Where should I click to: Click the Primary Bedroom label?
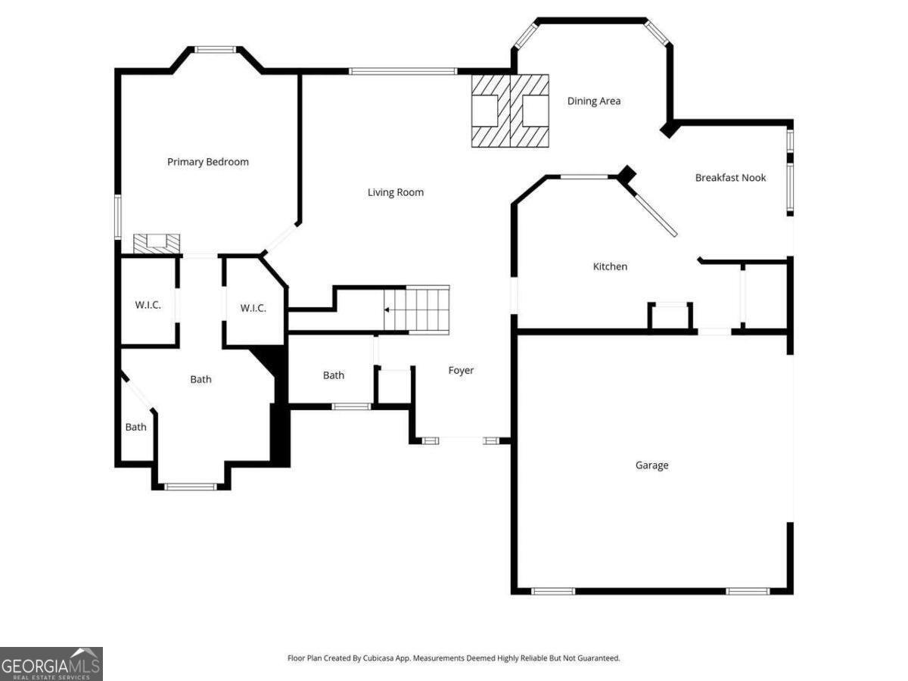click(x=207, y=162)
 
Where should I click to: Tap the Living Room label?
click(x=395, y=192)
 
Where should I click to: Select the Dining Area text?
click(x=594, y=101)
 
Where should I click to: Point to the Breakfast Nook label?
click(x=730, y=178)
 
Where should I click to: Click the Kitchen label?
click(x=610, y=266)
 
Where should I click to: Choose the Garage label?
click(x=651, y=465)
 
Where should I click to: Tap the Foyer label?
click(x=461, y=370)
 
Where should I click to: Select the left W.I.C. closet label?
click(x=148, y=305)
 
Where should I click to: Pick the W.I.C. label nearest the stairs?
click(x=253, y=308)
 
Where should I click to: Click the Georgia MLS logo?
click(x=51, y=664)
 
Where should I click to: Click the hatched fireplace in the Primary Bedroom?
click(x=157, y=243)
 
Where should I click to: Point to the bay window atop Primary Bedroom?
click(x=215, y=50)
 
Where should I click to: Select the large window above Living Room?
click(x=403, y=72)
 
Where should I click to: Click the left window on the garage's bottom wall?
click(x=553, y=591)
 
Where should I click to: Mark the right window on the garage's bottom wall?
click(x=748, y=591)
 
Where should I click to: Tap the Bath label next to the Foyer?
click(x=334, y=375)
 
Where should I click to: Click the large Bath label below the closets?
click(x=201, y=379)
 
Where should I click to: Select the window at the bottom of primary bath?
click(x=191, y=487)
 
